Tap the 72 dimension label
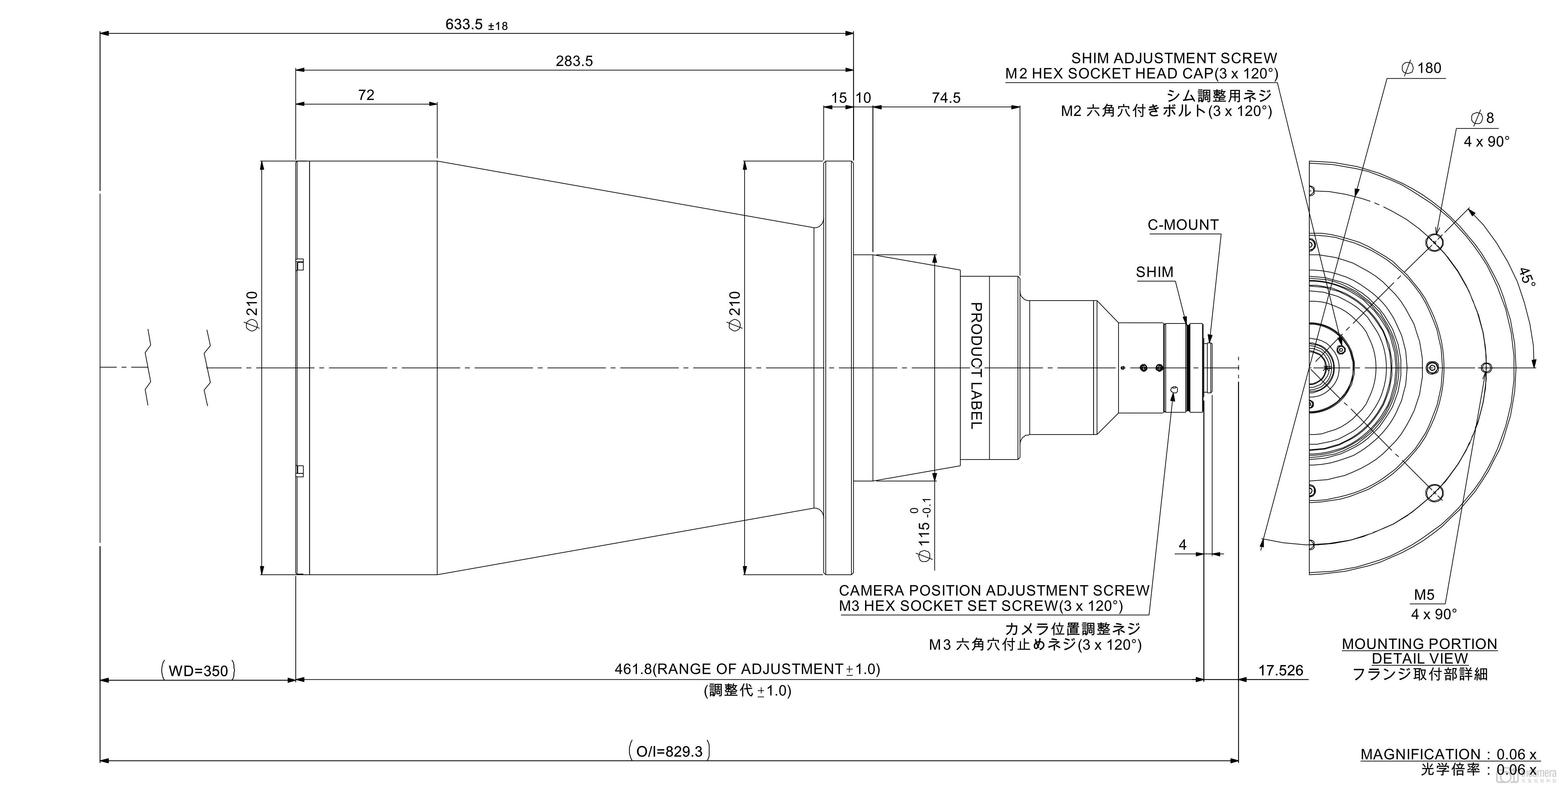366,95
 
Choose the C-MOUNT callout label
1183,225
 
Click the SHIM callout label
1154,272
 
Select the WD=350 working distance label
198,671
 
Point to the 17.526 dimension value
1280,670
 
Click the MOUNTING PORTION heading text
1419,644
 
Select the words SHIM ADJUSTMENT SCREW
1174,58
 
